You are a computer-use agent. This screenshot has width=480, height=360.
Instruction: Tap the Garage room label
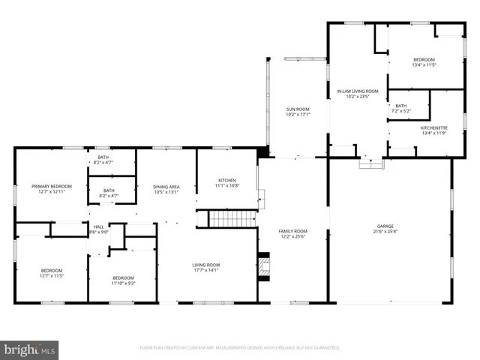pyautogui.click(x=385, y=226)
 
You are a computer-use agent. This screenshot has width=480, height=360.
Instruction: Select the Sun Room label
pyautogui.click(x=298, y=109)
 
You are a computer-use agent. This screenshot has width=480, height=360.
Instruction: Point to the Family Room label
pyautogui.click(x=294, y=231)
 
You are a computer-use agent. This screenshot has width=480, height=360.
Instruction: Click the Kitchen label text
pyautogui.click(x=227, y=181)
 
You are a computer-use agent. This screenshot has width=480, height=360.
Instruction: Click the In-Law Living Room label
pyautogui.click(x=357, y=91)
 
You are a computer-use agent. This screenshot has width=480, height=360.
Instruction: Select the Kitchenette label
pyautogui.click(x=424, y=128)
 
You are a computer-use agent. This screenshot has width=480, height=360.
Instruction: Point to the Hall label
pyautogui.click(x=98, y=226)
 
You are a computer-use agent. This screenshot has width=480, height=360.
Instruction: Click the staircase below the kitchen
pyautogui.click(x=226, y=219)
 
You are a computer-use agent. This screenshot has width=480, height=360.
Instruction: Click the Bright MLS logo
pyautogui.click(x=30, y=349)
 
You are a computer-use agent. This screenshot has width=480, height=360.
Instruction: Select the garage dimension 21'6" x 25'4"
pyautogui.click(x=385, y=231)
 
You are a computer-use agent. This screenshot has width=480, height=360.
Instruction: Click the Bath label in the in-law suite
pyautogui.click(x=401, y=106)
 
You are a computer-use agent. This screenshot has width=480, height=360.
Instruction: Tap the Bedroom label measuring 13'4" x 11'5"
pyautogui.click(x=424, y=60)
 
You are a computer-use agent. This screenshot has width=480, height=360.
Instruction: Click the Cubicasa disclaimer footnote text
pyautogui.click(x=240, y=348)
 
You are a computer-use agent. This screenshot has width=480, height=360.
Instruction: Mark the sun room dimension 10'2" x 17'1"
pyautogui.click(x=298, y=115)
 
